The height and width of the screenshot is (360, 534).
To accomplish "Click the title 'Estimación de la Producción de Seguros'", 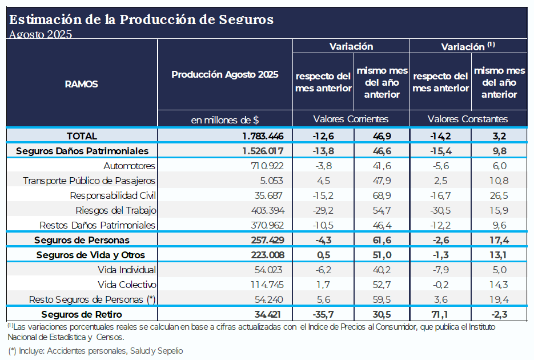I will (x=141, y=19).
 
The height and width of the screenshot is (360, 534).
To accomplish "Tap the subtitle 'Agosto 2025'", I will (x=40, y=34).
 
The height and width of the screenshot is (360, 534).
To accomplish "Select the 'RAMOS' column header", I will (x=81, y=84).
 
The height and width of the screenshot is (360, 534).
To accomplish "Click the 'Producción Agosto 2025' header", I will (x=225, y=74).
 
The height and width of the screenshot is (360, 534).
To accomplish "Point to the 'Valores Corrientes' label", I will (x=351, y=119).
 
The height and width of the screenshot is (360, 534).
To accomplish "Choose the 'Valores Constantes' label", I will (x=468, y=119).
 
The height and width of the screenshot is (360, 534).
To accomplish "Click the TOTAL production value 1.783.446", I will (x=263, y=136).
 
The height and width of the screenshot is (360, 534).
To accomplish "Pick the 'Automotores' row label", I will (x=130, y=166).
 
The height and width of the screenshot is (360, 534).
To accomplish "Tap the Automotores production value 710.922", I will (x=263, y=166).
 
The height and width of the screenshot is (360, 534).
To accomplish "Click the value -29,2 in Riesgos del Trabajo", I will (x=323, y=210).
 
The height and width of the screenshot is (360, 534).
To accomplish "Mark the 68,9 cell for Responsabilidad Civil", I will (x=382, y=195).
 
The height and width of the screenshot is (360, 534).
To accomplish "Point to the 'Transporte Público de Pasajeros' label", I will (x=89, y=181).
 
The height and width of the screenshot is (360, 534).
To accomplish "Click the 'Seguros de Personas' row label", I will (x=82, y=240).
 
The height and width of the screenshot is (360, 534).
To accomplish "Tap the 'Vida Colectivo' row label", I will (x=127, y=285).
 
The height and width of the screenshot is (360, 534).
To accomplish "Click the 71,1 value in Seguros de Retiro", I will (x=440, y=314).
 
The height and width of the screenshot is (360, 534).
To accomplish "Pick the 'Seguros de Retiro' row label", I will (x=82, y=314).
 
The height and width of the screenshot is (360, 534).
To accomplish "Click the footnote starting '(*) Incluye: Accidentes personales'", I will (x=95, y=350).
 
